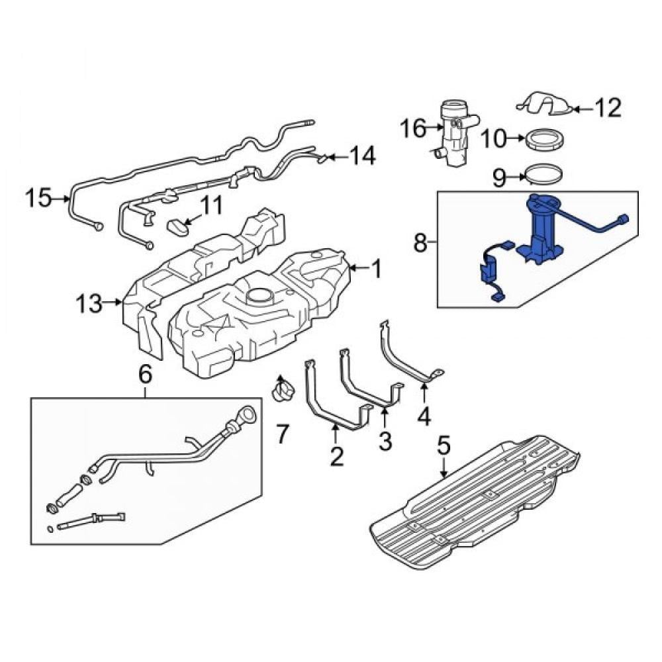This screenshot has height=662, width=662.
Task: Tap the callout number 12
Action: point(608,108)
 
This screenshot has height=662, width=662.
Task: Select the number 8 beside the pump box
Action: point(420,243)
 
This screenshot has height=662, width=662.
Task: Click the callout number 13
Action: point(89,304)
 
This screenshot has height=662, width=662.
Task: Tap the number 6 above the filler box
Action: point(145,375)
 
